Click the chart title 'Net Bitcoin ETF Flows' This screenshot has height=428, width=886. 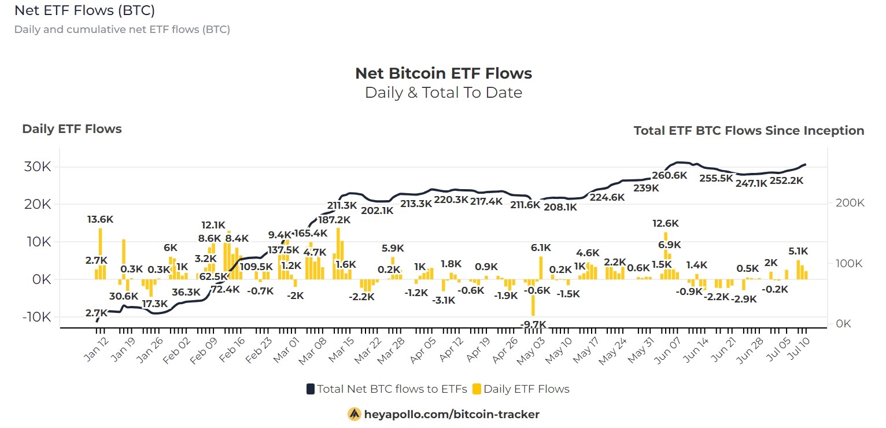(x=443, y=73)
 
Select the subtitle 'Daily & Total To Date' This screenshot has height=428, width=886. (x=443, y=93)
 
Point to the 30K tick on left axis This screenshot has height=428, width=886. (x=38, y=167)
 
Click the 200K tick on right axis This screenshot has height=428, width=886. (x=850, y=204)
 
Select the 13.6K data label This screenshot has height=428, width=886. (x=100, y=220)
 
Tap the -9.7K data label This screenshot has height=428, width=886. (x=533, y=325)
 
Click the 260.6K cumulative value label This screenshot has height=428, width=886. (x=669, y=176)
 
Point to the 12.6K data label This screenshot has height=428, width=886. (x=665, y=224)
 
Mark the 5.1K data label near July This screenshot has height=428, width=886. (x=798, y=252)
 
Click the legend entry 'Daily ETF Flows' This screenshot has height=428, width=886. (x=526, y=389)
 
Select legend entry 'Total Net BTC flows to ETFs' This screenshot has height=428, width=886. (x=392, y=389)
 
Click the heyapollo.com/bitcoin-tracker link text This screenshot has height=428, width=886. (x=451, y=414)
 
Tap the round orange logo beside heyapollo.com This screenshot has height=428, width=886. (x=354, y=414)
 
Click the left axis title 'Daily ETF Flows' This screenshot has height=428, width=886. (x=72, y=129)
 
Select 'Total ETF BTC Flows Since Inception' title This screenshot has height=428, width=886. (x=748, y=131)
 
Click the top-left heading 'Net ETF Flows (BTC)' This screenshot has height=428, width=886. (x=84, y=10)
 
